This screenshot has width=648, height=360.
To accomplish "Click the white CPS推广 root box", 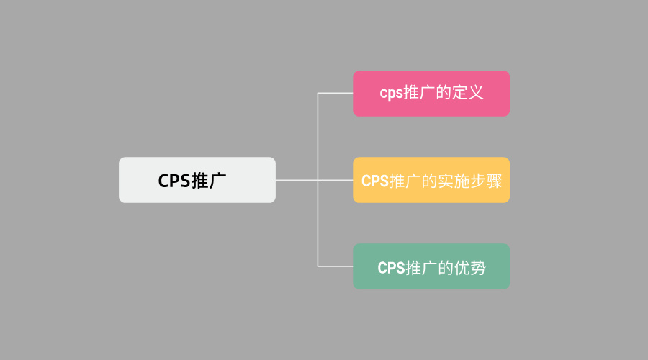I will (x=197, y=180).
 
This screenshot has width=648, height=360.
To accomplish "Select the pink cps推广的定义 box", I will (x=431, y=94).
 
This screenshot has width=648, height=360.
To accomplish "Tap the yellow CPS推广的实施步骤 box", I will (x=431, y=180).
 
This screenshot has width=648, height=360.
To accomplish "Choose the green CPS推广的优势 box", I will (x=431, y=266).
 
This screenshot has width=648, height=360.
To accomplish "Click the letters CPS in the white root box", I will (x=174, y=181).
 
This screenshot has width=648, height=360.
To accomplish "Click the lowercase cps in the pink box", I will (x=392, y=94).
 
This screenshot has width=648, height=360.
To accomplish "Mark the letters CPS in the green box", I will (x=392, y=268).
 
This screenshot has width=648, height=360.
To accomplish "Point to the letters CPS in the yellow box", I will (x=375, y=181).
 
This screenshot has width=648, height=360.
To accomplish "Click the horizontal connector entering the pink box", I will (x=336, y=94).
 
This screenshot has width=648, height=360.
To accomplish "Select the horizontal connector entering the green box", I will (x=336, y=266).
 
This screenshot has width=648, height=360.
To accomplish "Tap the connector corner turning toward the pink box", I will (x=318, y=94).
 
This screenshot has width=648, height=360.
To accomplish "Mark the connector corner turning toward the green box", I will (x=318, y=266).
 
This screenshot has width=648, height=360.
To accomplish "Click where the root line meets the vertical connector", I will (x=318, y=180).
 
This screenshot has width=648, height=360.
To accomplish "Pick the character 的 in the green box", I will (x=446, y=268).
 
